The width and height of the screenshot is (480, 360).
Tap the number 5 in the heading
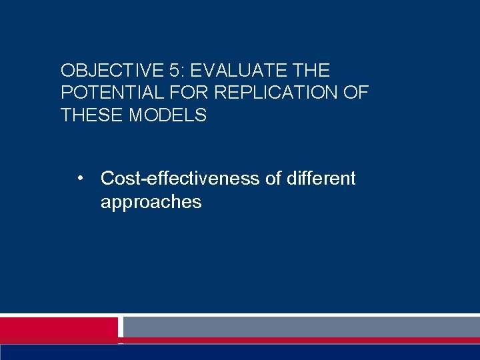(x=170, y=71)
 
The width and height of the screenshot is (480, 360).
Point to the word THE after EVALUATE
(x=311, y=71)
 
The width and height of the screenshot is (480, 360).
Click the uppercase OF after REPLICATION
(x=355, y=93)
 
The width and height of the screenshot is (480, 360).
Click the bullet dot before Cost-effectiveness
(x=80, y=179)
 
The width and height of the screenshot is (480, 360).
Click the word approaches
(x=151, y=202)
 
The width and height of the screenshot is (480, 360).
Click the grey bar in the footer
(x=301, y=327)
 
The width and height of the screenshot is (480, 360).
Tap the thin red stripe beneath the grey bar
(x=301, y=341)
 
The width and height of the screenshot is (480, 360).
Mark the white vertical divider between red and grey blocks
(x=121, y=327)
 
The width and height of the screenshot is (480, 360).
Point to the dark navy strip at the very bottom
(x=240, y=352)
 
